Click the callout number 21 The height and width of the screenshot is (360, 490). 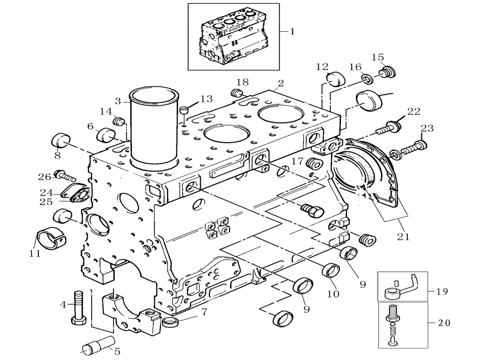tap(403, 237)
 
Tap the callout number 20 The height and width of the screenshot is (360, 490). tap(444, 322)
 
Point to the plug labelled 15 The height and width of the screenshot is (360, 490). tap(388, 72)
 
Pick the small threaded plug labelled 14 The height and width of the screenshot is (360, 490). tap(119, 121)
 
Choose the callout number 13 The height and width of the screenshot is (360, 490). tap(206, 99)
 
